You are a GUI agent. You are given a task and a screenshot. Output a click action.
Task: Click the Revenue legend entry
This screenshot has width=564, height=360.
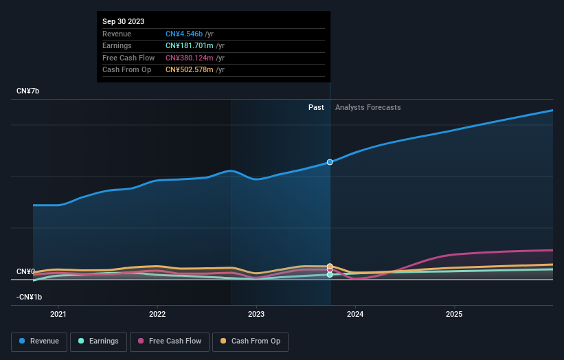[x=39, y=341]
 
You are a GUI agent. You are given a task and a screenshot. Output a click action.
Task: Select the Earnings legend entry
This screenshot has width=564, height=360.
[x=98, y=341]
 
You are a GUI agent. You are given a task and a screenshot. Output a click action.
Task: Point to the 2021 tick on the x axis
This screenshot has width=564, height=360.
[x=58, y=315]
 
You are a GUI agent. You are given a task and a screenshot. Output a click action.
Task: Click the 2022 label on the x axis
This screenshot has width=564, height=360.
[x=157, y=315]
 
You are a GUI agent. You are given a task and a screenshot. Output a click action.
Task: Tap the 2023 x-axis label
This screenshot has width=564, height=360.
[x=256, y=315]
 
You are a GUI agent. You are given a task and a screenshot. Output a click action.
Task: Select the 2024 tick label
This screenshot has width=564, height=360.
[x=355, y=315]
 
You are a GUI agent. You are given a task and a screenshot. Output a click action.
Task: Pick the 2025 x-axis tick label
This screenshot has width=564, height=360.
[x=454, y=315]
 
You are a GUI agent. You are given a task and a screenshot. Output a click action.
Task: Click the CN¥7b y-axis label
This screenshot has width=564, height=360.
[x=28, y=91]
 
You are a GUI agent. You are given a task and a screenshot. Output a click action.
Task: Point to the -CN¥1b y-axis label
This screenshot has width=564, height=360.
[x=30, y=297]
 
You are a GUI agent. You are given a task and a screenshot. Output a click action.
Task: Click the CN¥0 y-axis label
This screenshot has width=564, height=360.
[x=26, y=272]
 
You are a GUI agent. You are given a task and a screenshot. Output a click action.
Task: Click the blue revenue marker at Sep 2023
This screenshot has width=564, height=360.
[x=330, y=162]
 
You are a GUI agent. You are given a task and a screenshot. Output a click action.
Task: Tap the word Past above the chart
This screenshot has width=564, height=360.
[x=316, y=107]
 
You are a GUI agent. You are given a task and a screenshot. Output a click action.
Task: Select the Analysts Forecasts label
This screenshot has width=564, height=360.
[x=368, y=107]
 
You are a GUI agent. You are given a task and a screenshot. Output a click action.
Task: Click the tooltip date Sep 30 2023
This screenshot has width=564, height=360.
[x=124, y=22]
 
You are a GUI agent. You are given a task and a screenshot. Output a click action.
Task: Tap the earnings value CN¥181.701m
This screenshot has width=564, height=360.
[x=195, y=46]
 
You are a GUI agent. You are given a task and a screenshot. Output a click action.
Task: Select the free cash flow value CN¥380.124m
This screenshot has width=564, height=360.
[x=195, y=58]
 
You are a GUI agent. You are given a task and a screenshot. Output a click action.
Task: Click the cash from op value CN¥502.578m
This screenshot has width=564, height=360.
[x=195, y=69]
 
